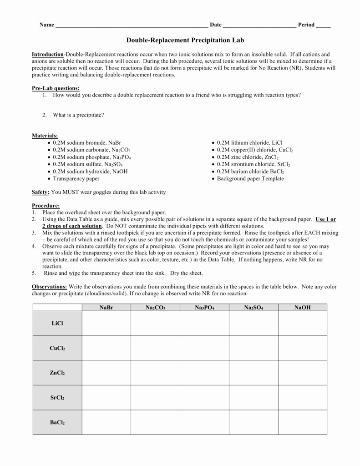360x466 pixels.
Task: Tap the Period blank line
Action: (323, 25)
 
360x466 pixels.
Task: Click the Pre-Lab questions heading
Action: (56, 88)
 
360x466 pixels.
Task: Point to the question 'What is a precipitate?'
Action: (78, 115)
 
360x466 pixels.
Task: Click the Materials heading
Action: (45, 136)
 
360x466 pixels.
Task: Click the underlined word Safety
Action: (41, 192)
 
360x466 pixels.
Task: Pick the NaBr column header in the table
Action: (106, 308)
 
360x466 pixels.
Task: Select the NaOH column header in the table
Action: (302, 308)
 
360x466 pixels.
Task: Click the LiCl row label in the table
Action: (57, 324)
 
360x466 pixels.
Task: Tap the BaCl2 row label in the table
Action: (57, 422)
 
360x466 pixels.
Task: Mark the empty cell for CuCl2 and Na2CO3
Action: (155, 348)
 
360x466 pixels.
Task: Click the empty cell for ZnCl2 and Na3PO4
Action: (204, 373)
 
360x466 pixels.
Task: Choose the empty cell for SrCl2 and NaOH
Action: (302, 397)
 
